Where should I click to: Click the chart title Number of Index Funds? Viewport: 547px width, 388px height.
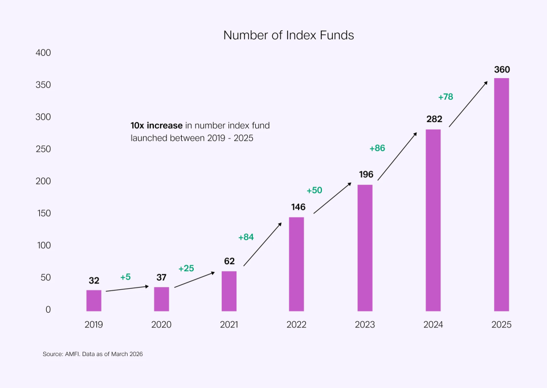pos(288,35)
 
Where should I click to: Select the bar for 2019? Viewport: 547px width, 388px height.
pos(94,301)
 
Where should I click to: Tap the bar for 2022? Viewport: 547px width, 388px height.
pos(296,264)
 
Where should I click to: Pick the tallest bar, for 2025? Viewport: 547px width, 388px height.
pos(501,194)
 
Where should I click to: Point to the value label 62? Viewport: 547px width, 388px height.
pos(229,261)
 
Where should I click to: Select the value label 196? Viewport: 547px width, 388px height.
pos(366,174)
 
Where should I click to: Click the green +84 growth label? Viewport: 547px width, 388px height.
pos(246,237)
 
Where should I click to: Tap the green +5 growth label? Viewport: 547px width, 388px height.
pos(125,277)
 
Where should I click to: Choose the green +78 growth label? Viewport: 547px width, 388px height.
pos(446,96)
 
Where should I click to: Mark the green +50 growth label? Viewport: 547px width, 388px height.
pos(315,190)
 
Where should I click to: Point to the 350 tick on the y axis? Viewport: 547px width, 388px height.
pos(43,85)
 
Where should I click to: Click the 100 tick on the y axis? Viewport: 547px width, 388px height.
pos(44,245)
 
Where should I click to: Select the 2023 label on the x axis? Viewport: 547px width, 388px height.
pos(365,325)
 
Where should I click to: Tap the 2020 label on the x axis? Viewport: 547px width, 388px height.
pos(161,325)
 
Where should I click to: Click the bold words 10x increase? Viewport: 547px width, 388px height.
pos(157,125)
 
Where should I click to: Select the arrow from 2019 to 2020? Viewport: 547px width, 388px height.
pos(127,289)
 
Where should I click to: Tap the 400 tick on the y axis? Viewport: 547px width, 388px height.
pos(43,53)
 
